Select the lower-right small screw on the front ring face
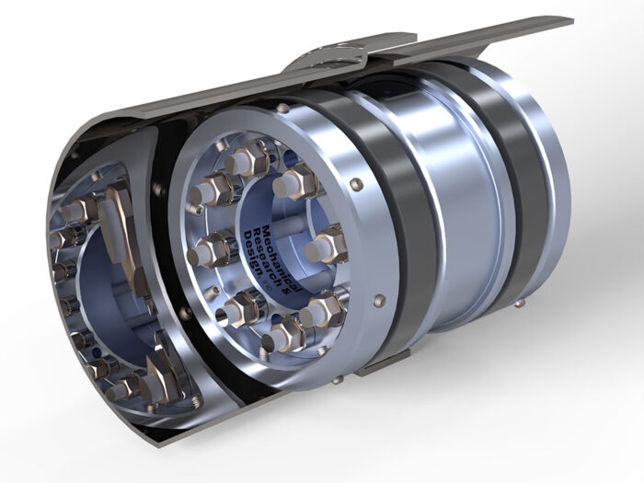378,299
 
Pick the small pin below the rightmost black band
521,304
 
